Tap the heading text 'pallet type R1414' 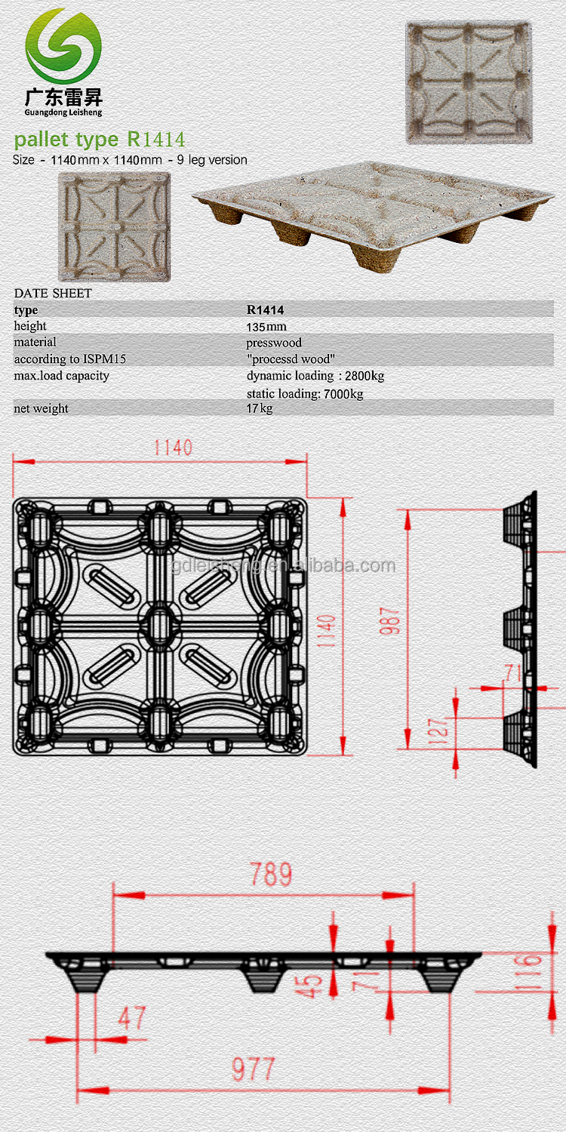click(x=100, y=139)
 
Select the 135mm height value click(x=266, y=327)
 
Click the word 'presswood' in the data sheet click(x=274, y=343)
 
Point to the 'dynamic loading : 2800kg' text click(x=315, y=376)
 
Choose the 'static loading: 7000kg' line click(x=305, y=394)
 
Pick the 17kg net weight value click(x=260, y=408)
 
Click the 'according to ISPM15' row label click(x=69, y=358)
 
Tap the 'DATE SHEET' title click(x=53, y=293)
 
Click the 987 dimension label click(x=389, y=621)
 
